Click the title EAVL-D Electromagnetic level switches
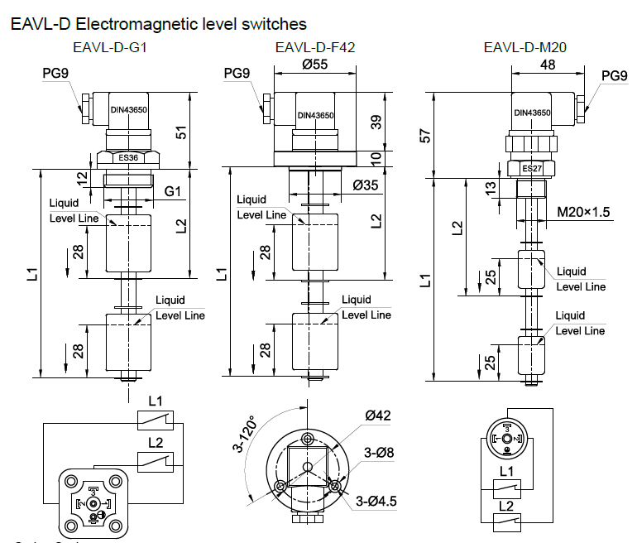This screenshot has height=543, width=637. click(x=158, y=24)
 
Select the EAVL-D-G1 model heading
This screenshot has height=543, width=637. click(x=108, y=48)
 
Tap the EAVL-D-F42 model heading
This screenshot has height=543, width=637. click(x=315, y=48)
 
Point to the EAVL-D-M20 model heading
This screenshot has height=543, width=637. click(x=525, y=48)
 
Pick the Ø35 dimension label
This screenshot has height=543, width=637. click(x=366, y=185)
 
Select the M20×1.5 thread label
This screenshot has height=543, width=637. click(x=584, y=213)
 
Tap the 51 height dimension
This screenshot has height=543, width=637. click(x=182, y=132)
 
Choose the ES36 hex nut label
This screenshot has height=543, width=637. click(x=128, y=157)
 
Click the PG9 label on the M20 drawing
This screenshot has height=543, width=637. click(x=614, y=76)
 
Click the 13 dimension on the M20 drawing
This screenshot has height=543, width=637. click(x=491, y=190)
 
